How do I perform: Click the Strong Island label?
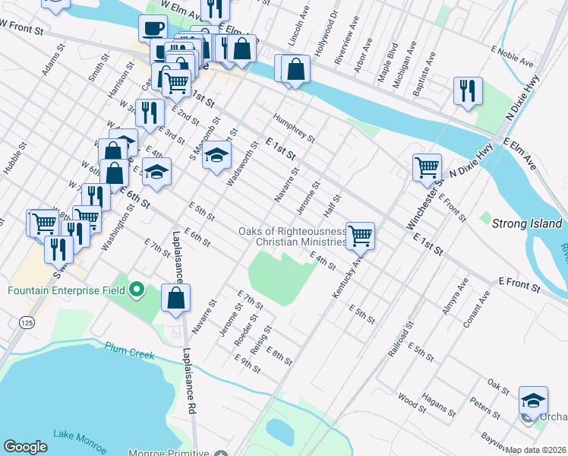[527, 224]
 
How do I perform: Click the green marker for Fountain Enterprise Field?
[137, 289]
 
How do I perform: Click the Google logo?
[25, 446]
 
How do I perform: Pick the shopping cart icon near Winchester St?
[427, 166]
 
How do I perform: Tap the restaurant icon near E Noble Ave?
[468, 90]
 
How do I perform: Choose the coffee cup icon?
[153, 28]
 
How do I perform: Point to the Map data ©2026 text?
[535, 450]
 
